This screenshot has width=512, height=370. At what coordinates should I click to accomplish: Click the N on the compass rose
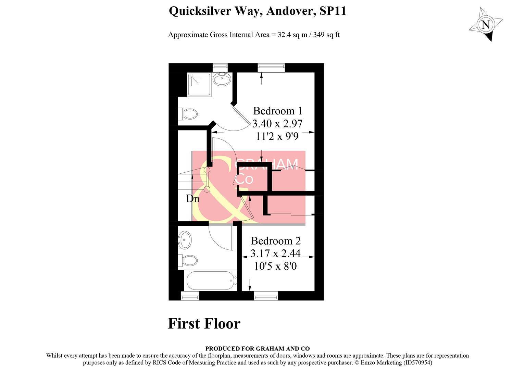click(x=486, y=25)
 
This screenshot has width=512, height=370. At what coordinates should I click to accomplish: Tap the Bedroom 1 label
click(x=278, y=111)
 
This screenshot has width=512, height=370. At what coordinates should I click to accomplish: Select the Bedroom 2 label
click(x=276, y=241)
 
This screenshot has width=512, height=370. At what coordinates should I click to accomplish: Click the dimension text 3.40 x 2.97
click(x=277, y=123)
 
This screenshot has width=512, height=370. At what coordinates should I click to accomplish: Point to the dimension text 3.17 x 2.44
click(x=276, y=254)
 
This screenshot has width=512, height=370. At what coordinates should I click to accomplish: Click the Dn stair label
click(x=193, y=198)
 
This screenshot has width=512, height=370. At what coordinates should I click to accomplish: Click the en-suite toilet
click(x=188, y=114)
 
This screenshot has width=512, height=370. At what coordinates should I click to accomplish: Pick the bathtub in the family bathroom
click(x=211, y=281)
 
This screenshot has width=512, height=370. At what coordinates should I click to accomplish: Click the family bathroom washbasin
click(x=185, y=240)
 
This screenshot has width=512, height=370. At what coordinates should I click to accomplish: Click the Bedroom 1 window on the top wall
click(x=271, y=67)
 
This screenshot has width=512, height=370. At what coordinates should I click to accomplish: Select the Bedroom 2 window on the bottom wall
click(x=266, y=296)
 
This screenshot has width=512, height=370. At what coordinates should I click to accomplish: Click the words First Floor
click(x=204, y=323)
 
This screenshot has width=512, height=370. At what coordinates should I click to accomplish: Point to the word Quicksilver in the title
click(x=199, y=11)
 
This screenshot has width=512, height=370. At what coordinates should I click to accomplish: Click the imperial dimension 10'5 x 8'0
click(x=275, y=266)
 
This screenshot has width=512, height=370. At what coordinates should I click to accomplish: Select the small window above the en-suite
click(x=220, y=67)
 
